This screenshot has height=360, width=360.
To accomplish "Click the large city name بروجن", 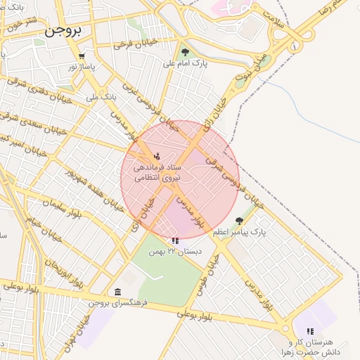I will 63,30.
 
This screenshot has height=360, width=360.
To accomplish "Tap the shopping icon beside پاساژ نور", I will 82,56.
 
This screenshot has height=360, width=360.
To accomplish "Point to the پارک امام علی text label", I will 185,63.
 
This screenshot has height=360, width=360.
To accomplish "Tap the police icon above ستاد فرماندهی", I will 157,155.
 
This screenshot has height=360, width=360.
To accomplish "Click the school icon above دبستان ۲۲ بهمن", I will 175,240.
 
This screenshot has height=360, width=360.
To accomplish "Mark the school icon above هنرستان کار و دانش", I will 309,330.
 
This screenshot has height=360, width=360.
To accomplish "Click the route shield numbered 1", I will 293,46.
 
